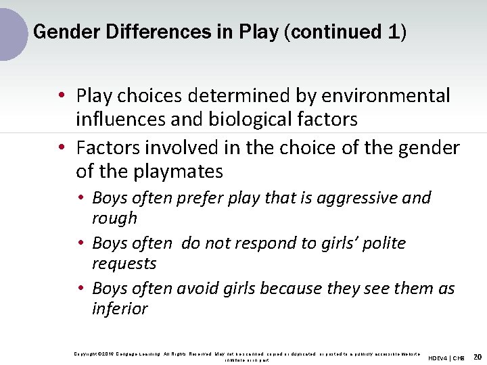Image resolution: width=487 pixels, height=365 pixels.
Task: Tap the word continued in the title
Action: click(x=336, y=32)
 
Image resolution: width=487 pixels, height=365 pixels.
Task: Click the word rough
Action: click(x=114, y=218)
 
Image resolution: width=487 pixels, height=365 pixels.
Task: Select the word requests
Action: click(x=124, y=264)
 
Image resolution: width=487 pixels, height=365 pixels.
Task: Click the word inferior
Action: click(x=120, y=309)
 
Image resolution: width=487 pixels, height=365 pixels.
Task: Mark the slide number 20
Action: click(x=477, y=356)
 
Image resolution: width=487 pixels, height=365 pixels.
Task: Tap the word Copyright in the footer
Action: click(x=86, y=354)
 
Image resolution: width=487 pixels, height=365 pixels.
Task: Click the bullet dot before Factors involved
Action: click(x=62, y=148)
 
